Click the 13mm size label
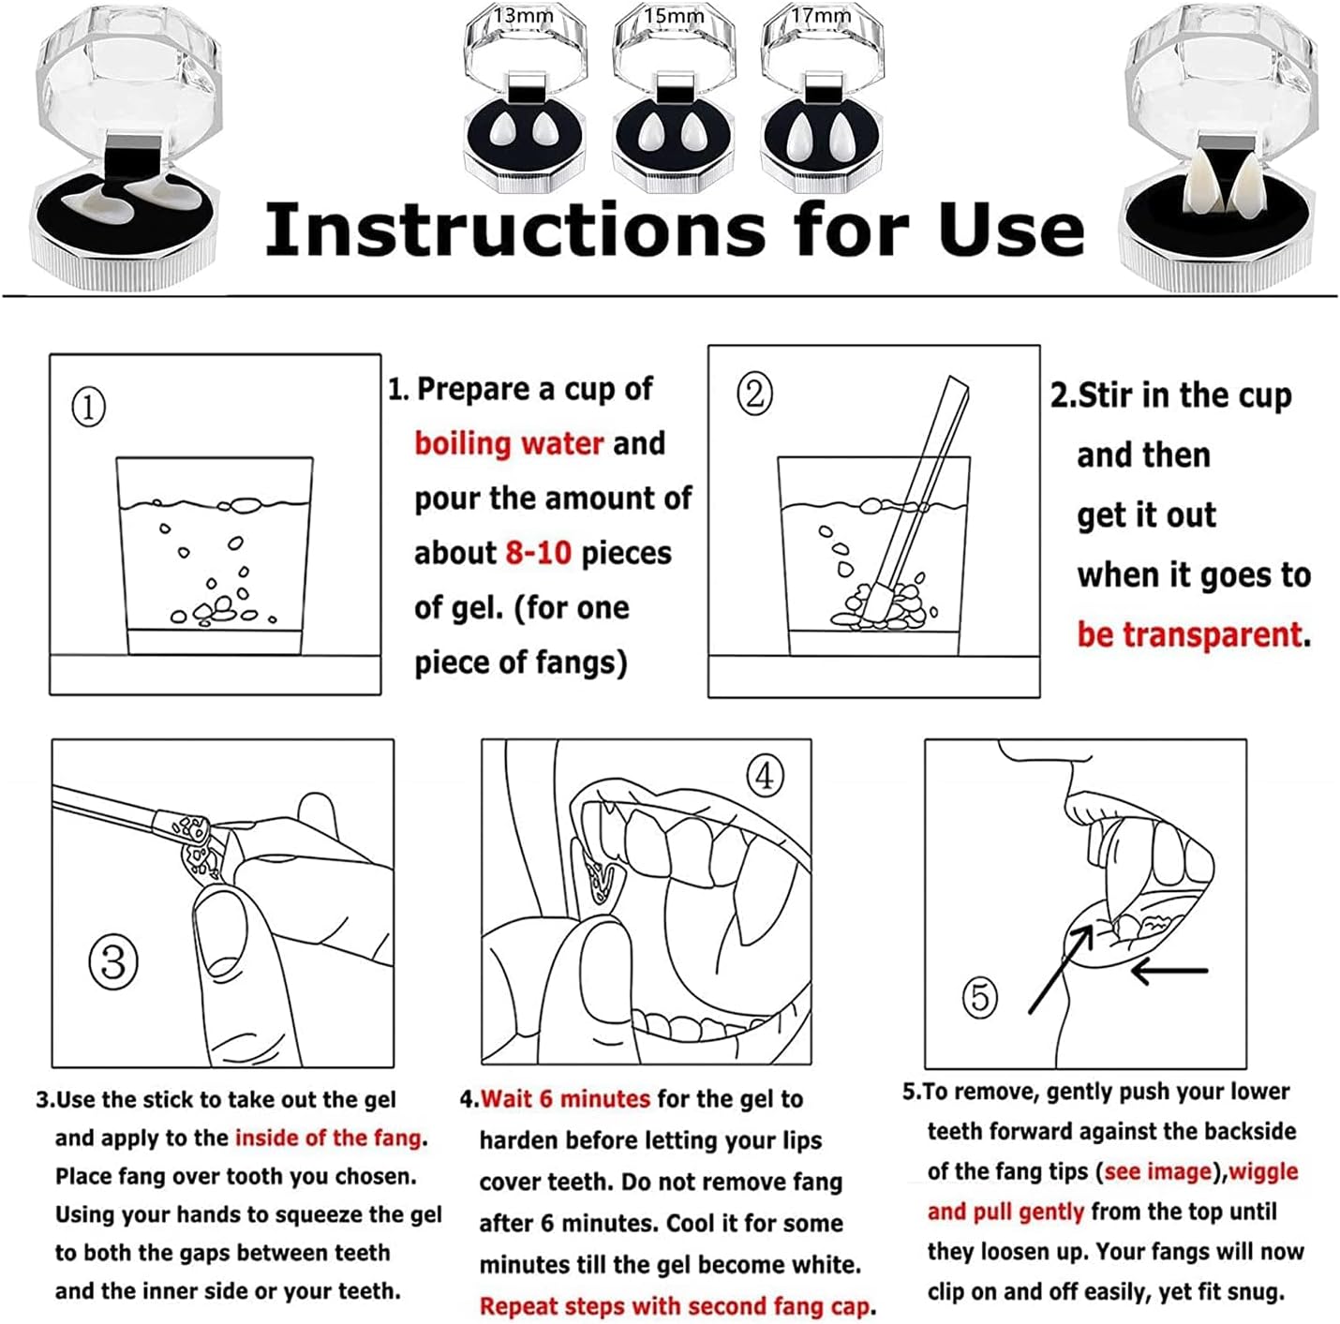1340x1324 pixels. tap(524, 15)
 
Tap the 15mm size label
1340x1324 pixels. tap(673, 15)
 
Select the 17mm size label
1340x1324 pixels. tap(821, 15)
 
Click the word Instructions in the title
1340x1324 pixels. tap(514, 230)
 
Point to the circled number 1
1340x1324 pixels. tap(89, 408)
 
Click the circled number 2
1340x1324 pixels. tap(755, 394)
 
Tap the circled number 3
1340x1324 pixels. tap(113, 962)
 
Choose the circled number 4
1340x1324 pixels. tap(765, 775)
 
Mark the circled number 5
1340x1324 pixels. tap(980, 998)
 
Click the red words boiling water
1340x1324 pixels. tap(509, 443)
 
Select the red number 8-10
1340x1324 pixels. tap(538, 554)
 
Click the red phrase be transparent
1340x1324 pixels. tap(1189, 634)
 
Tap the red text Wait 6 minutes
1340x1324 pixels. tap(565, 1099)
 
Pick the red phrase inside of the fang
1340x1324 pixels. tap(328, 1138)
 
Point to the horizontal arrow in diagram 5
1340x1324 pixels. tap(1169, 970)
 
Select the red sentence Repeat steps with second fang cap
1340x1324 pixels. tap(675, 1306)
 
